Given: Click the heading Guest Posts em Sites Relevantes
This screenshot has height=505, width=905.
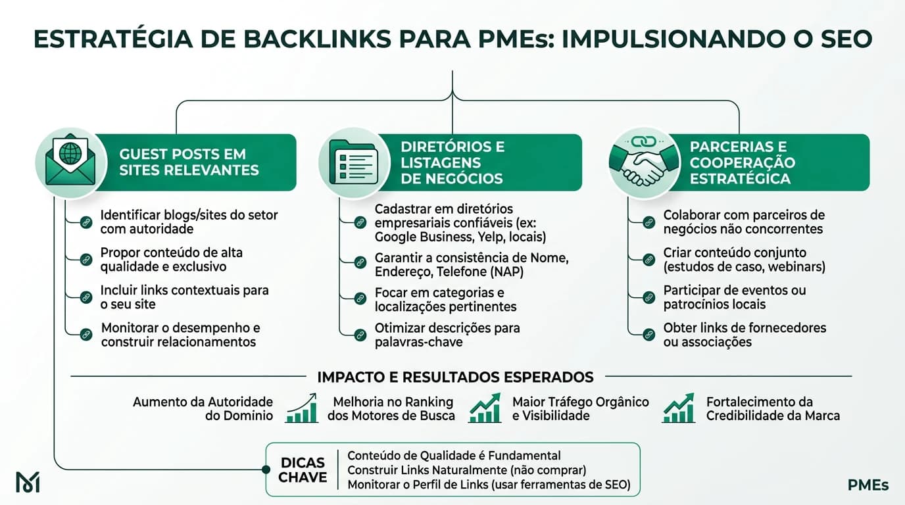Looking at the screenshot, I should point(189,162).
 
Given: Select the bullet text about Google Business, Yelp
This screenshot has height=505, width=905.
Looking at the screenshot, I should point(460,222).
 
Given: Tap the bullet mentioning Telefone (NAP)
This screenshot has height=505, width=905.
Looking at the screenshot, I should point(471,265).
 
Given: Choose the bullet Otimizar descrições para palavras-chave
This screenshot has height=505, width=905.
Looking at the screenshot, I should point(447,335).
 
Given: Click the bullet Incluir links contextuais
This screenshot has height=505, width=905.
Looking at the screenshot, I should point(185,297).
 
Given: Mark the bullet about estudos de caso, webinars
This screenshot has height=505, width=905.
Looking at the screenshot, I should point(744,260).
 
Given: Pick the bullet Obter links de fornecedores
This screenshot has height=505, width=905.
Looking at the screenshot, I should point(745,335).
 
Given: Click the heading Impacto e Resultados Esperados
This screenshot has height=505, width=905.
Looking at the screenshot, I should point(455,377).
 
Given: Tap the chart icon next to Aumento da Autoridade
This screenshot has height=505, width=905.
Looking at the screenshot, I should point(302,408).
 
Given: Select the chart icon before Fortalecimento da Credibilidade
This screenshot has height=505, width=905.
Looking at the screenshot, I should point(678,408).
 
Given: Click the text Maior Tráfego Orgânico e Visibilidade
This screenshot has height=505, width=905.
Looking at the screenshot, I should point(580,408).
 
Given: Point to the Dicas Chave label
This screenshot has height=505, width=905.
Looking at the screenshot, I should point(303,469).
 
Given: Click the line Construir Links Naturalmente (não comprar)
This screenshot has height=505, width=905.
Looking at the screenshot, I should point(466,470).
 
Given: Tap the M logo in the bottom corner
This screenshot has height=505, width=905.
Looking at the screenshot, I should point(28,482).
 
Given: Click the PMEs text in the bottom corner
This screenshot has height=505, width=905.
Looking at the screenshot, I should point(868,486).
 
